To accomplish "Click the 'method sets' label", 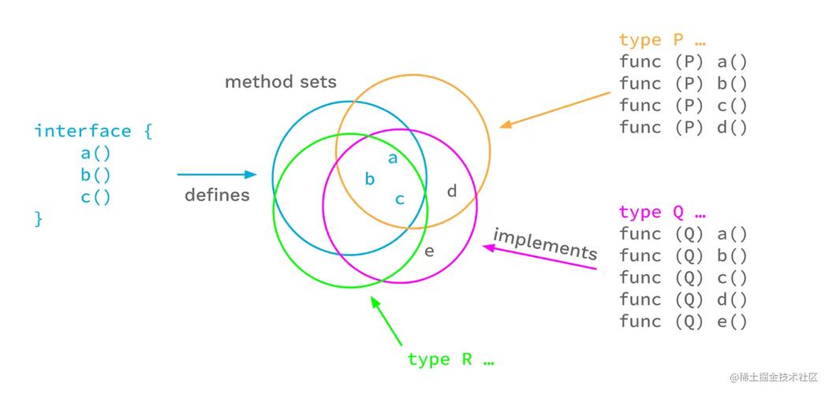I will [x=281, y=82].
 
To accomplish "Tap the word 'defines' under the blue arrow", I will [x=217, y=195].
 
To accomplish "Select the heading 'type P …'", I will [x=662, y=40].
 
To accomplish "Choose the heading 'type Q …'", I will [x=662, y=212].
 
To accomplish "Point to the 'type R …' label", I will [x=450, y=360].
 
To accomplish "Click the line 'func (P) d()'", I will [x=683, y=127].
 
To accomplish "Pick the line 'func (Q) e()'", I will [x=683, y=321].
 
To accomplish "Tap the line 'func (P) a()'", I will [x=683, y=61].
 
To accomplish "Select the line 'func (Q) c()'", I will [x=683, y=277].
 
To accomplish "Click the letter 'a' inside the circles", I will [x=393, y=158].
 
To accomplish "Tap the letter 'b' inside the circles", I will [x=369, y=179].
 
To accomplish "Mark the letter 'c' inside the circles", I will [x=400, y=199].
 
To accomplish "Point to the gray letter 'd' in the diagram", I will [x=452, y=191].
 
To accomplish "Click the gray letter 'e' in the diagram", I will [x=429, y=251].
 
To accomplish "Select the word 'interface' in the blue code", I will [x=82, y=132].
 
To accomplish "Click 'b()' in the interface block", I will [x=95, y=175].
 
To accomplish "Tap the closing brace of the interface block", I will [x=38, y=219].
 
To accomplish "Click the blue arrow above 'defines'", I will [x=217, y=174].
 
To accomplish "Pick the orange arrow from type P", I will [x=556, y=109].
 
